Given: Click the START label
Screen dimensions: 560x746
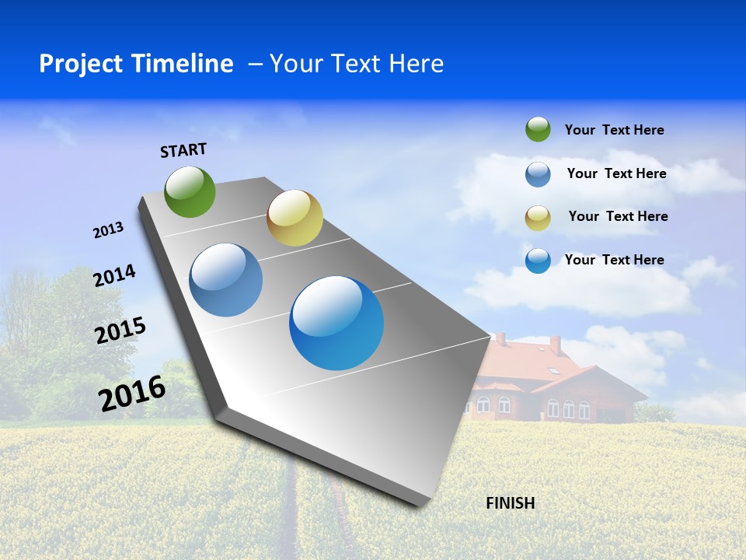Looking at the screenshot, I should [x=183, y=150].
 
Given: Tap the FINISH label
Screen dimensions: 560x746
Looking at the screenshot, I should [x=510, y=503].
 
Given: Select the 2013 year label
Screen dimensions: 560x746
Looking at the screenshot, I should [x=108, y=230].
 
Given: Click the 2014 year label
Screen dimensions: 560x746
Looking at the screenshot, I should [x=114, y=276].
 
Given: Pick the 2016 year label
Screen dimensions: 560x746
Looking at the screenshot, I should [x=132, y=394].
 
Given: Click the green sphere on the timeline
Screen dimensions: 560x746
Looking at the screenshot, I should [x=190, y=191].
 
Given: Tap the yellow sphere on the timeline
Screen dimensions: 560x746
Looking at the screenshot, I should [x=295, y=218].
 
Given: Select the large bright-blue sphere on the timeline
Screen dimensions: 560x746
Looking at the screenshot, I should [x=336, y=323].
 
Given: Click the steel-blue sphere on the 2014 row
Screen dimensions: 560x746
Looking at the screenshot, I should [x=226, y=280].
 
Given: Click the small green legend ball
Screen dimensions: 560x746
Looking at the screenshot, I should [x=538, y=129].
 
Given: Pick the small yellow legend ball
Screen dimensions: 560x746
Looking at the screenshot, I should [x=538, y=217].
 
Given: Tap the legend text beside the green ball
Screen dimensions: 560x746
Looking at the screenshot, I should [x=614, y=131].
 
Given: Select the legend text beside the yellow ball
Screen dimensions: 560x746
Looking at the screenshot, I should [x=618, y=216].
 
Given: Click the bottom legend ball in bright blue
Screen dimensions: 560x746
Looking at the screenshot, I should [x=538, y=261].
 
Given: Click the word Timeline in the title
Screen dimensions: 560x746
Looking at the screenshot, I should [x=184, y=64].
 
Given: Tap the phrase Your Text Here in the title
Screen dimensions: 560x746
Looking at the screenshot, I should [x=357, y=64].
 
